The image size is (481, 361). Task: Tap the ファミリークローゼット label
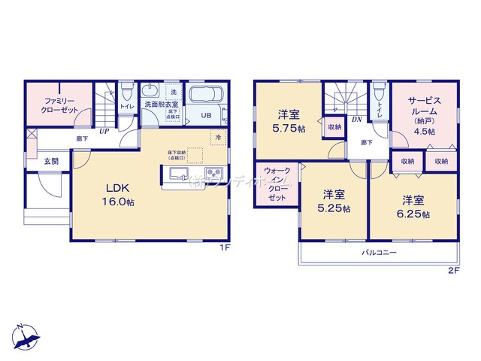60,105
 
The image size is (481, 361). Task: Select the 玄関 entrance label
50,160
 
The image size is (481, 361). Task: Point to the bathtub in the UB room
204,96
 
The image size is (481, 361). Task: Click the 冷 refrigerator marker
217,138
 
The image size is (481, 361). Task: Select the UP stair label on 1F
104,130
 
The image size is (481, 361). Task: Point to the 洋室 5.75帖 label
290,120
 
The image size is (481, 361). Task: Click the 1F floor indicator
224,247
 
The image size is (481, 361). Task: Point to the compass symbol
24,338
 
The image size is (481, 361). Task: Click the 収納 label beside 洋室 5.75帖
334,127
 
